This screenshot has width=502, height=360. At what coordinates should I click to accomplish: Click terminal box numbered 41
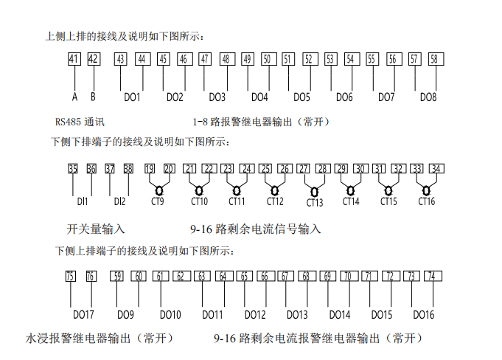point(74,59)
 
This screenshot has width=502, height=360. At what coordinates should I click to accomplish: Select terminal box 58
point(436,59)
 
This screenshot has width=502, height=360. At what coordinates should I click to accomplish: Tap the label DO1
point(132,97)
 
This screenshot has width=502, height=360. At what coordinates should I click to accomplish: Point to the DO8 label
point(428,97)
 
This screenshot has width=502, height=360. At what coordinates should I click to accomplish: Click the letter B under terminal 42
point(93,97)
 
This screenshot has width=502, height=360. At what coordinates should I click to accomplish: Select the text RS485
point(68,122)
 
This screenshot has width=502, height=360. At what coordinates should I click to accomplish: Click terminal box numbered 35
point(73,169)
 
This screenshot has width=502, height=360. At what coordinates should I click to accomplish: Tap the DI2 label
point(119,201)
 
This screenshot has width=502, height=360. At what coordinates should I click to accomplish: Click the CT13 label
point(315,202)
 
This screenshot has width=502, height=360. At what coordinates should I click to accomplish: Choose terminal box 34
point(436,169)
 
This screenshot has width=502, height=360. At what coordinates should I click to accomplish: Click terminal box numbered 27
point(303,169)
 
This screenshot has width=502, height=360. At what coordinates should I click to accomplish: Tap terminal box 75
point(71,276)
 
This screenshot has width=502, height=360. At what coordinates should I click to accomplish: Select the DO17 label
point(83,314)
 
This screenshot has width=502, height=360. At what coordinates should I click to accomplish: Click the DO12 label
point(255,314)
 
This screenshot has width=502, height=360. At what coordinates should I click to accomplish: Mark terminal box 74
point(433,276)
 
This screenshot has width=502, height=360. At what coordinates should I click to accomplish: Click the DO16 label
point(424,314)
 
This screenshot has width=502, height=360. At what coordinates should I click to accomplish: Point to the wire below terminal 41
point(74,78)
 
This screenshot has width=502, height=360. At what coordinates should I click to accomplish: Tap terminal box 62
point(181,276)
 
